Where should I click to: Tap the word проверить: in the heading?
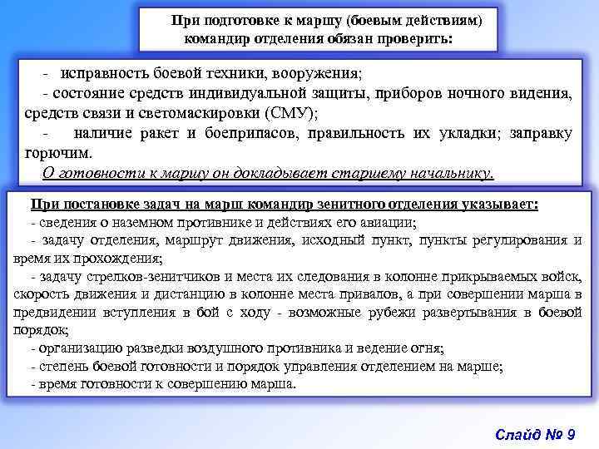pyautogui.click(x=417, y=38)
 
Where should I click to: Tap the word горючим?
pyautogui.click(x=58, y=153)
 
